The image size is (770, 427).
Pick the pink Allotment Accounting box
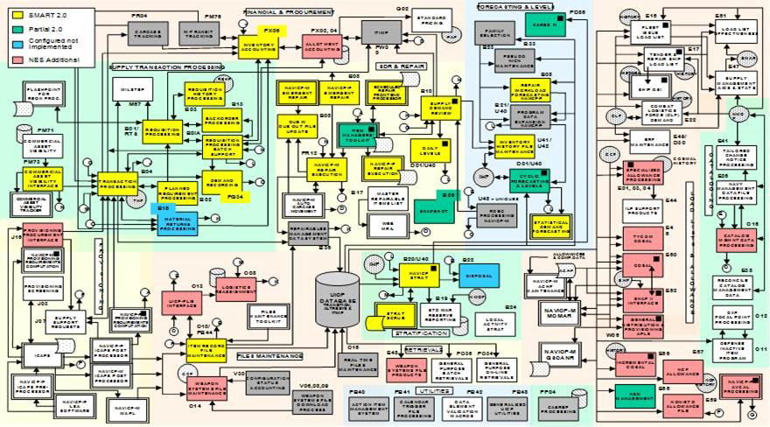323,46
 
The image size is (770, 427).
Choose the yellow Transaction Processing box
117,185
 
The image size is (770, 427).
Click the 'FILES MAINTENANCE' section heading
268,355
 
